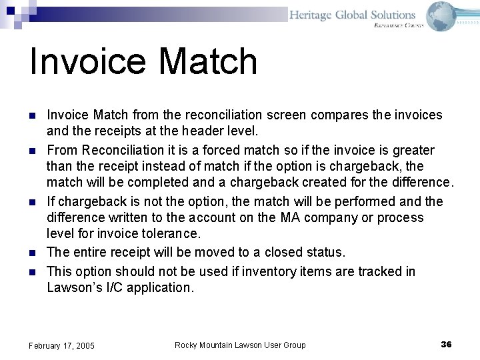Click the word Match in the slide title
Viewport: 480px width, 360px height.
click(208, 61)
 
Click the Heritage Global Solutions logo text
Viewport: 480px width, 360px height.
click(352, 15)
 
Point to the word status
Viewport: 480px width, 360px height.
click(326, 252)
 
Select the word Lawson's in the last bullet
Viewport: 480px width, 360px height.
click(71, 287)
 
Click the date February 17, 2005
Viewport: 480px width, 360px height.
click(61, 345)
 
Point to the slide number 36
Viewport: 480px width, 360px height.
click(446, 344)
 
